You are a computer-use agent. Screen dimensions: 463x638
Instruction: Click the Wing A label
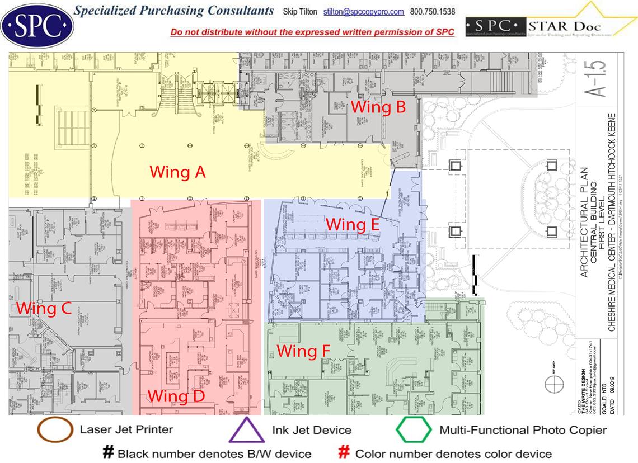177,172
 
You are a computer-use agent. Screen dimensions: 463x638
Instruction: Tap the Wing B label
378,106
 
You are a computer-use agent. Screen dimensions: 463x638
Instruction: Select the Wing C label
44,308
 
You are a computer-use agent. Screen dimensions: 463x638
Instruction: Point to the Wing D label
176,396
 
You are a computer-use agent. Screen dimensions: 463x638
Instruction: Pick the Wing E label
353,224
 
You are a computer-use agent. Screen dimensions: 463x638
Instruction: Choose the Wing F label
304,351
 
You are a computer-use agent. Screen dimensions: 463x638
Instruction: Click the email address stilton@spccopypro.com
363,12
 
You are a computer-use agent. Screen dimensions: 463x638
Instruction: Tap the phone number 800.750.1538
433,12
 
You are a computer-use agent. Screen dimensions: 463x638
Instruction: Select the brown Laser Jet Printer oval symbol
55,429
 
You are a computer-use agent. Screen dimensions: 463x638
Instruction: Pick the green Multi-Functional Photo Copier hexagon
414,430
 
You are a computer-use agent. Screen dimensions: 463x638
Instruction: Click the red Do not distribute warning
312,32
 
